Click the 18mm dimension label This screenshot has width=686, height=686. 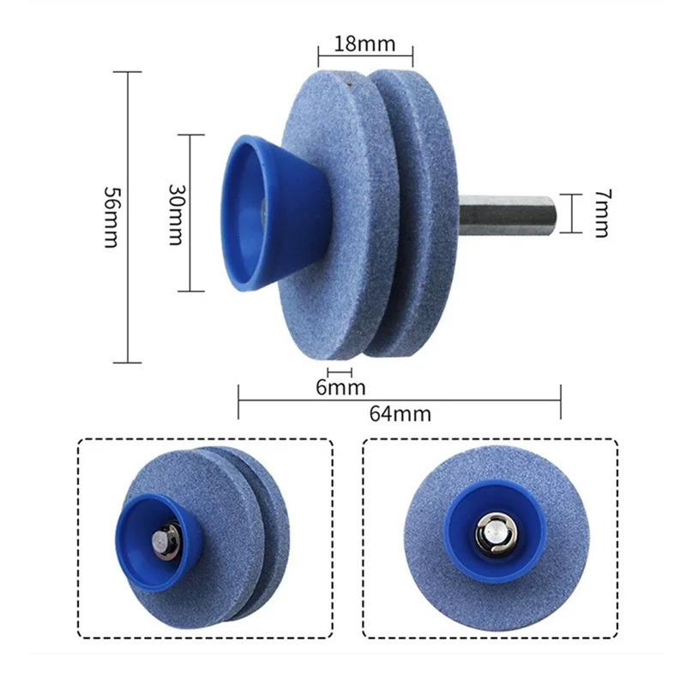point(364,44)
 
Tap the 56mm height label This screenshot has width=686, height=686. point(111,217)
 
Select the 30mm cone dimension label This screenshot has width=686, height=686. point(178,214)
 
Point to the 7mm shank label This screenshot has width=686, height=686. point(603,213)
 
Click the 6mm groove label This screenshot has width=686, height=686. point(340,388)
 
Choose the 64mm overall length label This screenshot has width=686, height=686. point(400,413)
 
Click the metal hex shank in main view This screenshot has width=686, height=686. point(507,215)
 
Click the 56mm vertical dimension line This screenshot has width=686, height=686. point(127,217)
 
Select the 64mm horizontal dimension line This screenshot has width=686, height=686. point(400,400)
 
